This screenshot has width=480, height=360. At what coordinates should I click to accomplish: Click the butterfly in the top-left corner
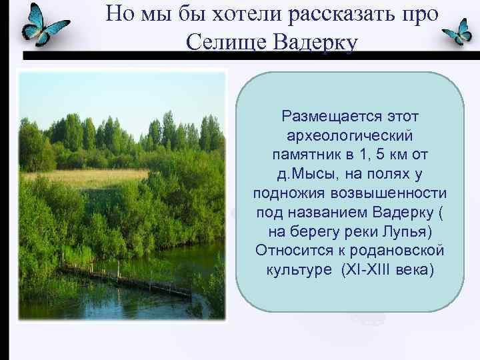[44, 25]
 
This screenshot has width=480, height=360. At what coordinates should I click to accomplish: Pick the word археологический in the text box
[350, 135]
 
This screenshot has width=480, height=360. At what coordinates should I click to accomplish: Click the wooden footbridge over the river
[127, 281]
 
